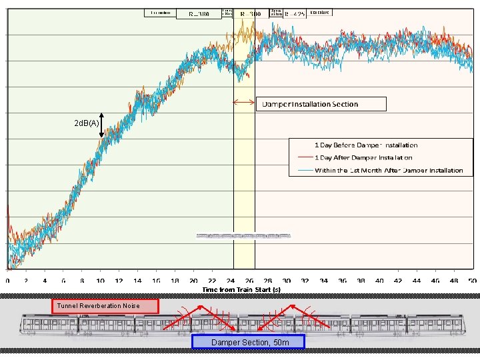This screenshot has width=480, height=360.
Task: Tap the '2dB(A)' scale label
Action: click(x=87, y=123)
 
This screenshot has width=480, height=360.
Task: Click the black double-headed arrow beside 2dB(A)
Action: click(x=101, y=124)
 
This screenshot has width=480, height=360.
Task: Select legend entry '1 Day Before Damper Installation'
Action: click(x=366, y=145)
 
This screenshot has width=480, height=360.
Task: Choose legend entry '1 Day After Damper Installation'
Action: click(x=363, y=158)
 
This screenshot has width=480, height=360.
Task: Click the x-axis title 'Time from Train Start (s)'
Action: click(x=241, y=290)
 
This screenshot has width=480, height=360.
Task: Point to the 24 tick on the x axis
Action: click(x=231, y=281)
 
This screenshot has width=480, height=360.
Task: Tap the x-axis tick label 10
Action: click(x=100, y=281)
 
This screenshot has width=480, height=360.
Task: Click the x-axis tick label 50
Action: click(x=473, y=281)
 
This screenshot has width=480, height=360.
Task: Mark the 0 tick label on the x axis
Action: click(x=7, y=281)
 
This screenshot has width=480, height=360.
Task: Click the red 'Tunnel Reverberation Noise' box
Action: click(x=105, y=306)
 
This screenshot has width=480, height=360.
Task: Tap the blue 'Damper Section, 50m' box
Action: click(x=247, y=342)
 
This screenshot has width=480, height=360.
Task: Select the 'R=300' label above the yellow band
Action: click(x=251, y=14)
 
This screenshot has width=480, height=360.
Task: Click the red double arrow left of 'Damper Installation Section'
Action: click(x=243, y=102)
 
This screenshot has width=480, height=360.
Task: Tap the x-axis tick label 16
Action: click(x=156, y=281)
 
